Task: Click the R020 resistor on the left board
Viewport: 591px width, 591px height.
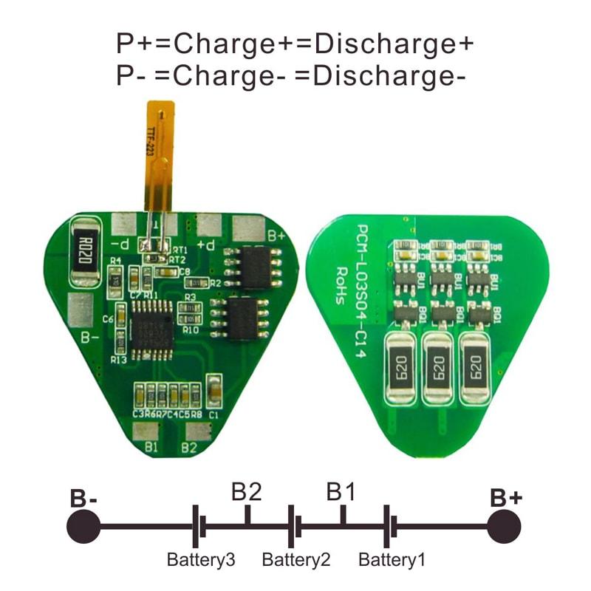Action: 86,251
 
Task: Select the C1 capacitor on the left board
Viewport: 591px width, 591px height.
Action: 213,392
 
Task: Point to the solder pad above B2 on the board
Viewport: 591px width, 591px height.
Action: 194,431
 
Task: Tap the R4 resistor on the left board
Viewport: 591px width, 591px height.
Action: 115,278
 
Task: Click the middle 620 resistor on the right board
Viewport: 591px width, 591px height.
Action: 436,367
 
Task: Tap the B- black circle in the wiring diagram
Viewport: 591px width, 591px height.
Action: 83,527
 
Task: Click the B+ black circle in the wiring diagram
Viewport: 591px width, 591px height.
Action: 505,527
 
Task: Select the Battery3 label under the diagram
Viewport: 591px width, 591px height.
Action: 201,559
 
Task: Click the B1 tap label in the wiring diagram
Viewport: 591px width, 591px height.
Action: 343,491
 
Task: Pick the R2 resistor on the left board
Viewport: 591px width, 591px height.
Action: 215,282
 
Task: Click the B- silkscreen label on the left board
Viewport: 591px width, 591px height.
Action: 89,338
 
